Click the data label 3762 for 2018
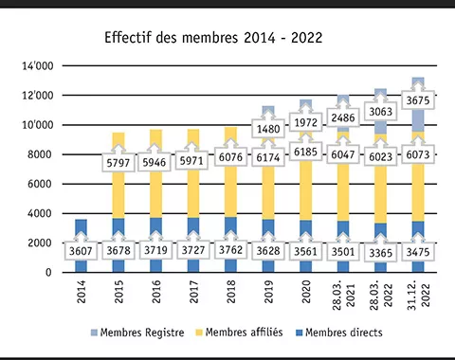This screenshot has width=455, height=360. point(231,251)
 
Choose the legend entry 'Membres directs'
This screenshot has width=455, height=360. point(341,333)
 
